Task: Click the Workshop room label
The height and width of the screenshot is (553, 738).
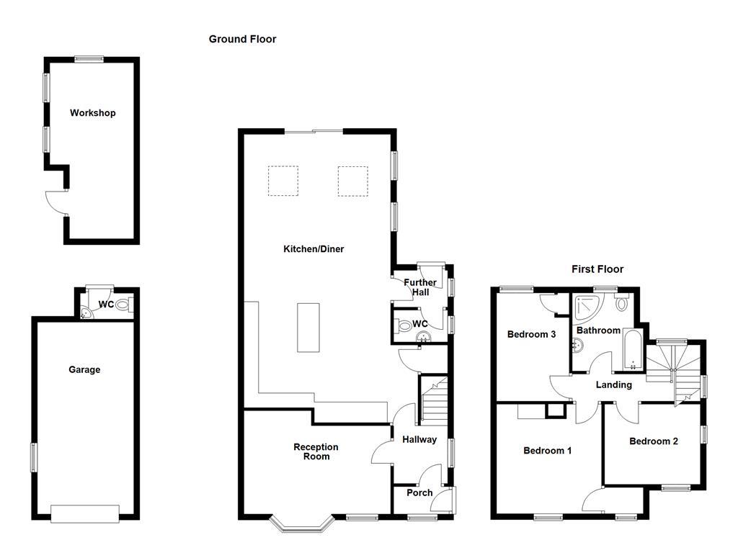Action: coord(92,113)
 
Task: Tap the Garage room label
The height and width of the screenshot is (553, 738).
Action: coord(84,369)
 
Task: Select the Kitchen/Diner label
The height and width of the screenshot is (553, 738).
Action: coord(314,249)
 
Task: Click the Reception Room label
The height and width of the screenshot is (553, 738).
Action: coord(316,451)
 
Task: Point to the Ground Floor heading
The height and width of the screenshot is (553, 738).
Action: coord(242,39)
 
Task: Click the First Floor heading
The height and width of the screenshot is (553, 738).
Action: coord(597,269)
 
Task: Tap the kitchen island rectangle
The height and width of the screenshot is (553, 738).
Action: coord(308,327)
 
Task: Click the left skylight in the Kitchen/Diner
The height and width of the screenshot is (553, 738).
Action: coord(283,181)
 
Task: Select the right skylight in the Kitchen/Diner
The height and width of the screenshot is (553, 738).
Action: coord(353,181)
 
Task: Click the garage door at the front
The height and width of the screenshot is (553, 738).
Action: coord(84,513)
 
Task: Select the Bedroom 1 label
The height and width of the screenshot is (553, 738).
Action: coord(547,451)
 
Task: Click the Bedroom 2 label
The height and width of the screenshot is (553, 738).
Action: coord(653,441)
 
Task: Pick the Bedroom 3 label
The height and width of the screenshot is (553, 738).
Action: coord(531,334)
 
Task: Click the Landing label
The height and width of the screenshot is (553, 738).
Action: coord(613,385)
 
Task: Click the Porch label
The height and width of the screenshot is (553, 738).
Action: coord(419,493)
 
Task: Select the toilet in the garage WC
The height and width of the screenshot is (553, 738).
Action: coord(122,305)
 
